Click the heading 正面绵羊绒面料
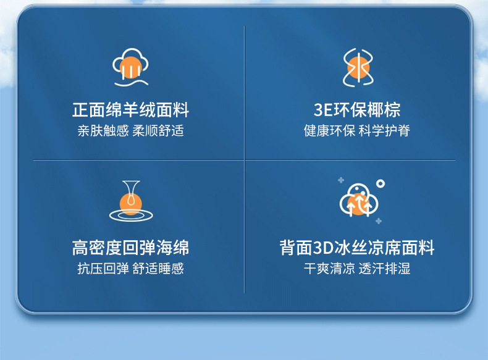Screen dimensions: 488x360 130,110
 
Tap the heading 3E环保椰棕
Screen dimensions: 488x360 356,110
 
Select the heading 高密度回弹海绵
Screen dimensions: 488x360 130,248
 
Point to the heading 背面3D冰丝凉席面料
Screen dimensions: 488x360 356,248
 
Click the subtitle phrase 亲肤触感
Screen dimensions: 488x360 103,131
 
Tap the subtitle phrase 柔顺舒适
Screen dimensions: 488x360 158,131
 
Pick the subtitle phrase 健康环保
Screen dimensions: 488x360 329,131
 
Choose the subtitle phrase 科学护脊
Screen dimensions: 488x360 384,131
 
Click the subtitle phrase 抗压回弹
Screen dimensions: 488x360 103,269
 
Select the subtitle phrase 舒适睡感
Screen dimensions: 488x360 158,269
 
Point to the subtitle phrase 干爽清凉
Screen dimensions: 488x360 329,269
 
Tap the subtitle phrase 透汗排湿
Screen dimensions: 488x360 384,269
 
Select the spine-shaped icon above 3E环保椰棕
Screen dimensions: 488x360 358,67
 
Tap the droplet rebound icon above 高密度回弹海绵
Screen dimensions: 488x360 131,201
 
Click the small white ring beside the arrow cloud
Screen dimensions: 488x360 381,183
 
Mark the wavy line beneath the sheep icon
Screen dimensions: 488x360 131,83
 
